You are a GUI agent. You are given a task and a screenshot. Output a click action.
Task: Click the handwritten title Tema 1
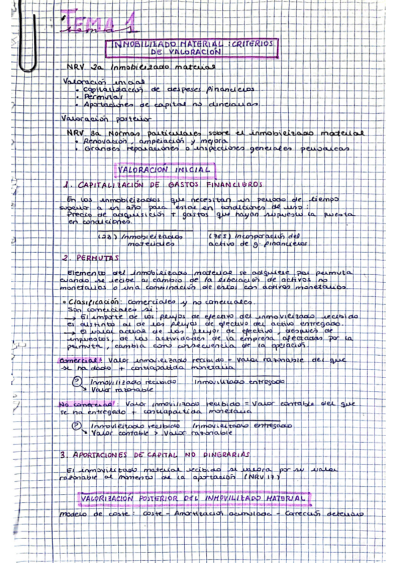coord(99,24)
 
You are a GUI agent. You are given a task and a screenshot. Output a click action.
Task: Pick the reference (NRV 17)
coord(264,478)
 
